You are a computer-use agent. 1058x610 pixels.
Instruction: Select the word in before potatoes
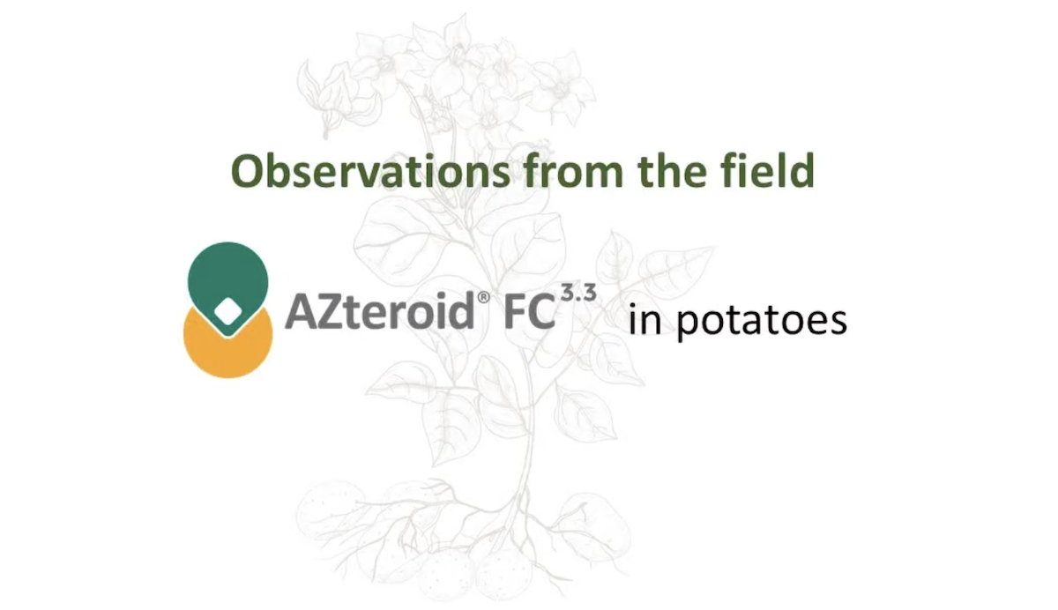click(x=644, y=321)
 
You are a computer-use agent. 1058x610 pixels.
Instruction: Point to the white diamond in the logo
click(x=228, y=310)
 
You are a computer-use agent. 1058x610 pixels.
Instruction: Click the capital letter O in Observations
click(x=248, y=171)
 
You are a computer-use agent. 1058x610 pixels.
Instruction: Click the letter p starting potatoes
click(x=687, y=324)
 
